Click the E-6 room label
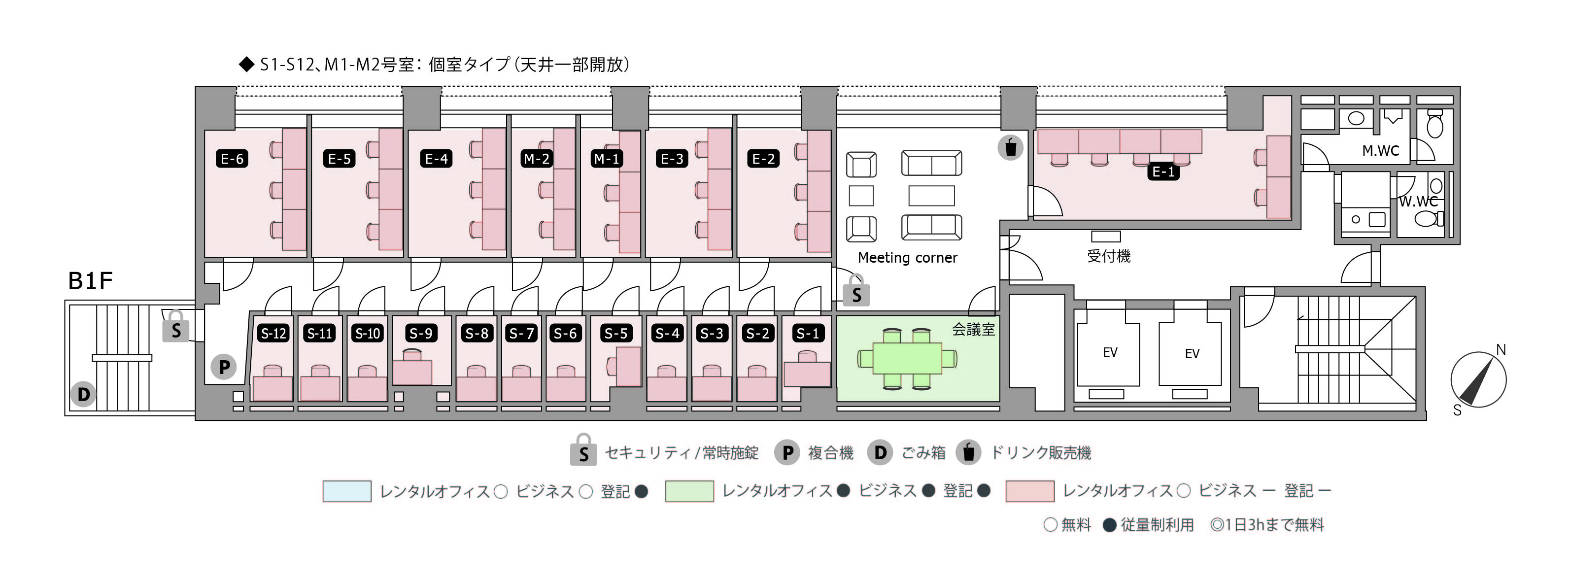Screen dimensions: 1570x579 coord(232,159)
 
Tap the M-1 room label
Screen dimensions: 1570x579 coord(607,159)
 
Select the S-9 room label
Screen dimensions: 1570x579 coord(421,334)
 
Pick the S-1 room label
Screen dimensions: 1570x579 coord(808,334)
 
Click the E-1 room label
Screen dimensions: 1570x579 coord(1163,172)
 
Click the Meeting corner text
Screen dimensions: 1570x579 coord(908,258)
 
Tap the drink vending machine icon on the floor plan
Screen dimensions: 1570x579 coord(1011,147)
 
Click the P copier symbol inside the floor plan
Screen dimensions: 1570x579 coord(224,367)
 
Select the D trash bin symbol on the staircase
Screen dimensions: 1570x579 coord(83,394)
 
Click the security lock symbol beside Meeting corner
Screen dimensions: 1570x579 coord(856,291)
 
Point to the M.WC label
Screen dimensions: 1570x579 coord(1380,151)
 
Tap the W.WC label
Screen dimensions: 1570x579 coord(1418,202)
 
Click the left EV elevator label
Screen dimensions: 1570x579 coord(1110,352)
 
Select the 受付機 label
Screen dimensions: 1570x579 coord(1109,256)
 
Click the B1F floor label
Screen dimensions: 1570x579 coord(90,281)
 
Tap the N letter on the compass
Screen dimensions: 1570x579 coord(1501,350)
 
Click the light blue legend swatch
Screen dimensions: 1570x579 coord(347,491)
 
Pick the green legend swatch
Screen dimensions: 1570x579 coord(689,491)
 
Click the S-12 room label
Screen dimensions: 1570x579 coord(273,334)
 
